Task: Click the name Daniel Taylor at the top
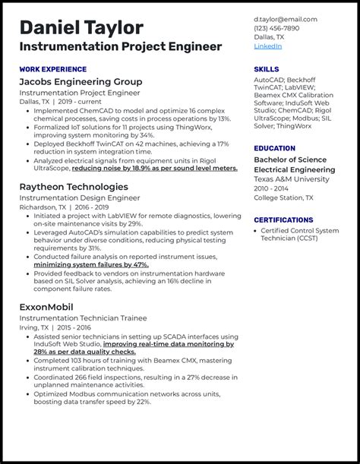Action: tap(82, 27)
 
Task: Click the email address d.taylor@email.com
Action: tap(285, 19)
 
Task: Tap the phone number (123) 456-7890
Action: tap(276, 28)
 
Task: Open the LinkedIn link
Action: tap(267, 46)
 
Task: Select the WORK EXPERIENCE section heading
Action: tap(52, 69)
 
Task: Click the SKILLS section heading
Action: tap(267, 69)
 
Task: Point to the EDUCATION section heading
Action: tap(275, 148)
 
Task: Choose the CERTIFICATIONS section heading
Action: tap(283, 220)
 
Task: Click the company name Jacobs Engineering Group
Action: tap(81, 81)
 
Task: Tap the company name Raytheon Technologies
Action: tap(74, 187)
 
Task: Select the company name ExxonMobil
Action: tap(46, 307)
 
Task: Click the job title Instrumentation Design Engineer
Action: tap(79, 197)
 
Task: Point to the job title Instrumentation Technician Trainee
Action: tap(83, 318)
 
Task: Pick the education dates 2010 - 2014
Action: tap(271, 188)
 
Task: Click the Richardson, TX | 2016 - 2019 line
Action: tap(64, 207)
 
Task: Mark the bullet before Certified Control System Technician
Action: tap(255, 230)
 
